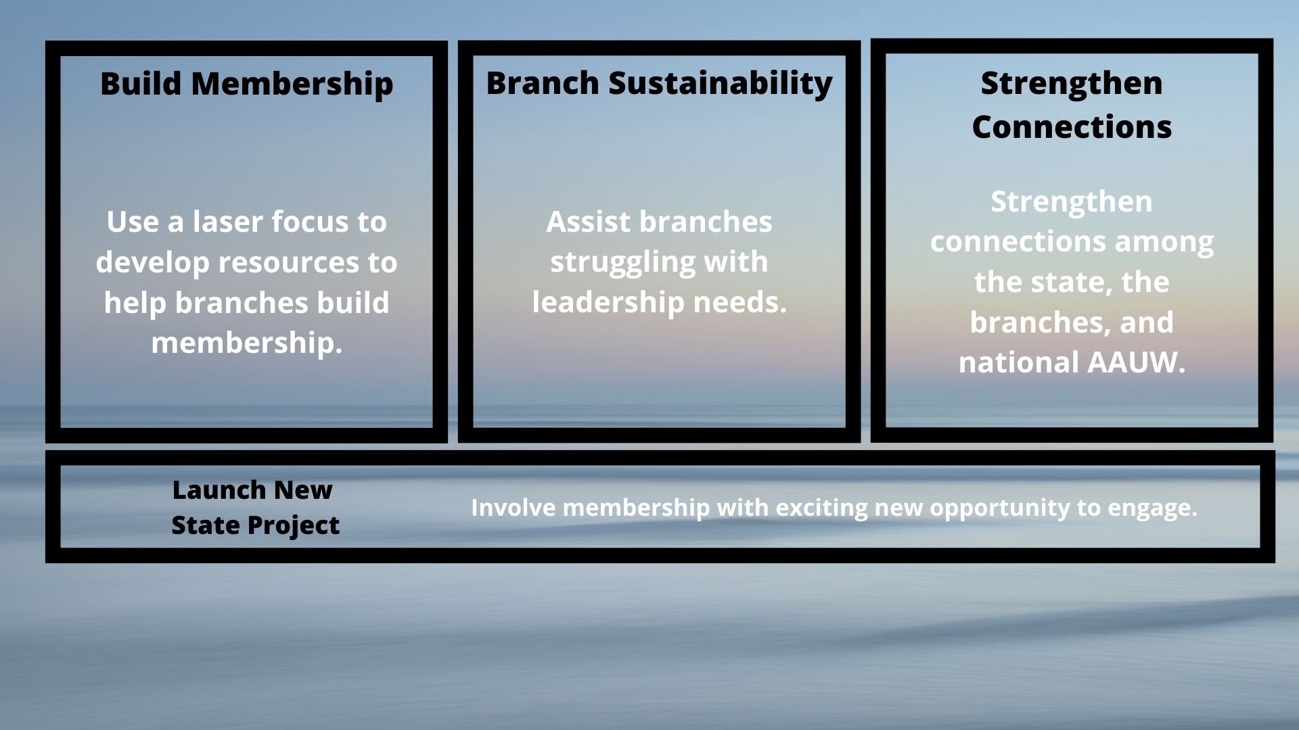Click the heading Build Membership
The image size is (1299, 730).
(246, 84)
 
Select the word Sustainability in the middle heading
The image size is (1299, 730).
(721, 84)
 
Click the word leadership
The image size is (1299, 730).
(608, 302)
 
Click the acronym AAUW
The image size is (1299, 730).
(1136, 363)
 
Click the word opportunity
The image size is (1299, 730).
(1004, 508)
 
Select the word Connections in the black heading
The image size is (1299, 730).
(1072, 127)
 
